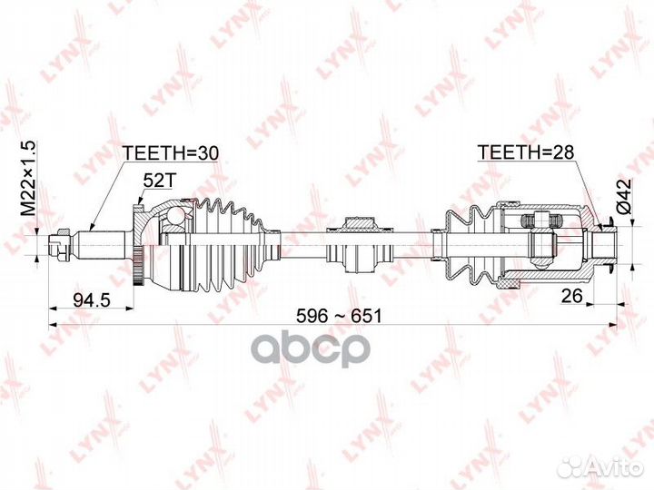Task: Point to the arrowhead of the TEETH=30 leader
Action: point(92,226)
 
